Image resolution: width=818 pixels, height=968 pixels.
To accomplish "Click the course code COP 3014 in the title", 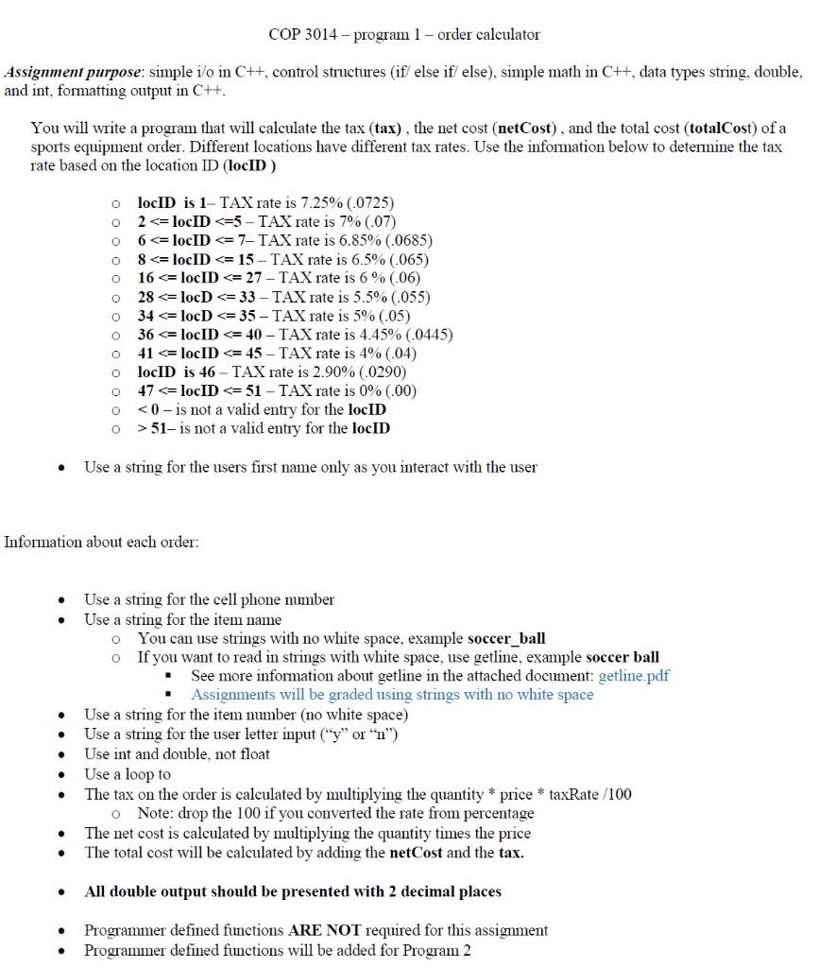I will coord(298,35).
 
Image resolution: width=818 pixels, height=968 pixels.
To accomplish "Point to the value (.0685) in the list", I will coord(400,240).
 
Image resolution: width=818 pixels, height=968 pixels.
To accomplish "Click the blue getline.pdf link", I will coord(634,676).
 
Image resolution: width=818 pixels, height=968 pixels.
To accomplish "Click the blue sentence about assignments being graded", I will coord(392,695).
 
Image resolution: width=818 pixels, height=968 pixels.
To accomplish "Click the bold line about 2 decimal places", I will coord(293,891).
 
